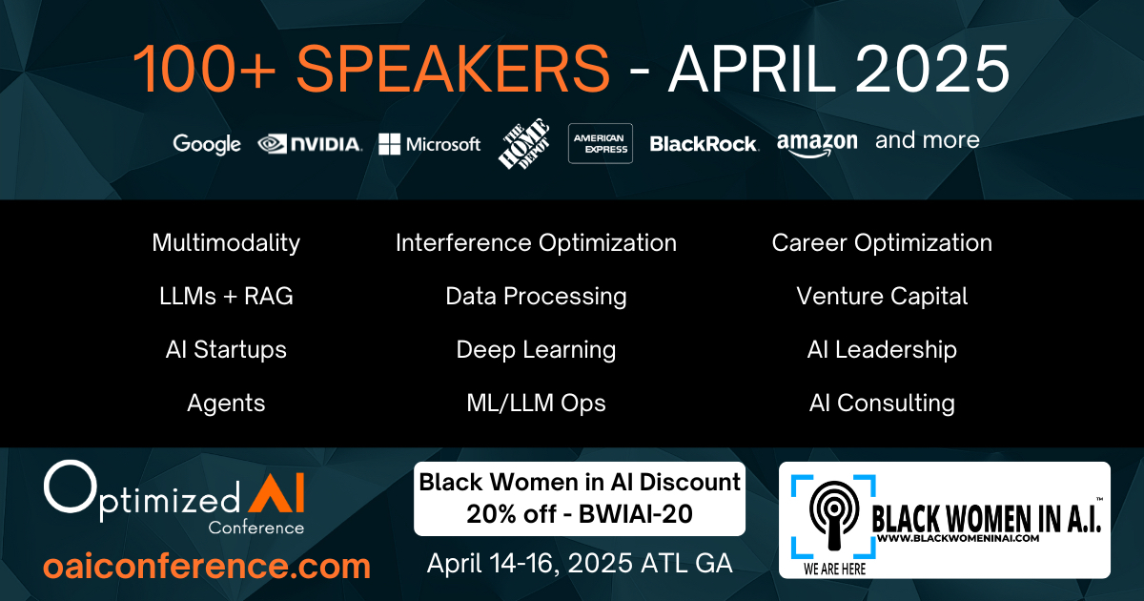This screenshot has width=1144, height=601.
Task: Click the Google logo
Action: [x=207, y=145]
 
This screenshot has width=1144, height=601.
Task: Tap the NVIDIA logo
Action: [x=310, y=144]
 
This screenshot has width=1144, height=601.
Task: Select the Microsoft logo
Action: [x=430, y=144]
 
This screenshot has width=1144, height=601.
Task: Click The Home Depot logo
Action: [x=524, y=144]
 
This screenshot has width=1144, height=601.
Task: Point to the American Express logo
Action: [x=601, y=144]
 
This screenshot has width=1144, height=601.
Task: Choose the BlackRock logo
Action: [x=705, y=144]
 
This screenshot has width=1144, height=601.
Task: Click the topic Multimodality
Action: [x=226, y=243]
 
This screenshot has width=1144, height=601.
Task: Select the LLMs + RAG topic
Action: [x=226, y=297]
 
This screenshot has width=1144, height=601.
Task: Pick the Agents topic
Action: [x=226, y=404]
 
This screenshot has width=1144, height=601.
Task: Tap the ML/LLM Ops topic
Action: [x=536, y=404]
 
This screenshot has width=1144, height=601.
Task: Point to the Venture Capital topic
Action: [x=882, y=297]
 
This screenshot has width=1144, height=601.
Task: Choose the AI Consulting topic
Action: [x=882, y=404]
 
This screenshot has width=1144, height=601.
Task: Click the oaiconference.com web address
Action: [x=207, y=567]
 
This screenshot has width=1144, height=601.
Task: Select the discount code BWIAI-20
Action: [x=635, y=514]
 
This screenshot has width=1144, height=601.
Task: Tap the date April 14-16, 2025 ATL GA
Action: [x=580, y=564]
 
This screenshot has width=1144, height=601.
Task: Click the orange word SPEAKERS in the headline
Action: [x=453, y=69]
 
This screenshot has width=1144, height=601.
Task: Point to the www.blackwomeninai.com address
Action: [x=958, y=538]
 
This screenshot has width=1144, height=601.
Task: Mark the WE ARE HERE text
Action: [x=834, y=569]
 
